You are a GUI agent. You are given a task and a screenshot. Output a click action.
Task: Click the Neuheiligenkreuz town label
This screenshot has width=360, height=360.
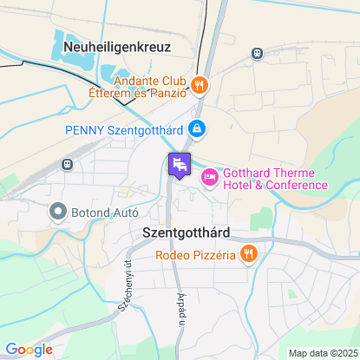tap(117, 47)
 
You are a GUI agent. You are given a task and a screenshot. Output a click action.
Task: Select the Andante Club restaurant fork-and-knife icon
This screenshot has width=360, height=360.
tap(200, 85)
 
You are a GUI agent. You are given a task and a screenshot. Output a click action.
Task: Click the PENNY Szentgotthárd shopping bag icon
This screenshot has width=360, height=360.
tap(198, 129)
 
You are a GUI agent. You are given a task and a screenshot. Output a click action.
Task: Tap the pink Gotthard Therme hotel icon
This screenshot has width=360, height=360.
tap(208, 177)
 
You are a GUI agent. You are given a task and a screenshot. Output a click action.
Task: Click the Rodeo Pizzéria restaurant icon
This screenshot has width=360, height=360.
tap(249, 254)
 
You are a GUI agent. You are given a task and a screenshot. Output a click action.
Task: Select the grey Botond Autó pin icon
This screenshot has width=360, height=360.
tap(58, 211)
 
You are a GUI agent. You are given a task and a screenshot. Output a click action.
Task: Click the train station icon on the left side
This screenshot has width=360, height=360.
tap(66, 164)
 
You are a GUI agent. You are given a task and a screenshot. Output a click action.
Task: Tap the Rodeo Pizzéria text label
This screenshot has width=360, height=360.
tap(197, 254)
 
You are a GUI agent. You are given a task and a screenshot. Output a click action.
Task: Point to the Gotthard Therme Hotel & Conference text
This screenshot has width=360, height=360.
tap(275, 178)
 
